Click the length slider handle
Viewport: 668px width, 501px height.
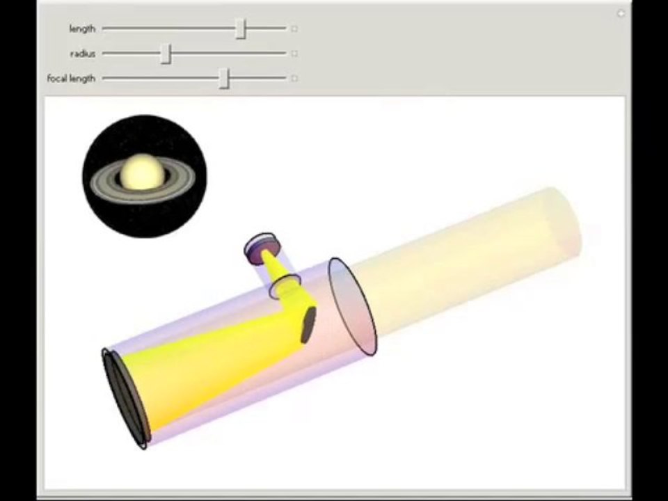tap(241, 29)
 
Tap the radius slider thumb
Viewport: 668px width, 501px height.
tap(166, 54)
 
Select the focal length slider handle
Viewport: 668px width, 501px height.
tap(225, 79)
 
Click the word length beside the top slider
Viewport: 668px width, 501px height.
tap(82, 29)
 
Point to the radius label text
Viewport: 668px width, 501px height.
tap(83, 54)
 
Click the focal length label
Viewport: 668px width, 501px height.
tap(71, 79)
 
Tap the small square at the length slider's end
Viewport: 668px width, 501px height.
tap(294, 29)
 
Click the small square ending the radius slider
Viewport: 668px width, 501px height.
tap(294, 54)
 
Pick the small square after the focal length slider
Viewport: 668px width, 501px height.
tap(294, 79)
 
